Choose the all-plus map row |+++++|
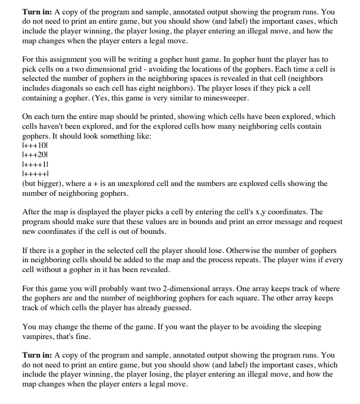tap(36, 174)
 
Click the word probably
tap(111, 289)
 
